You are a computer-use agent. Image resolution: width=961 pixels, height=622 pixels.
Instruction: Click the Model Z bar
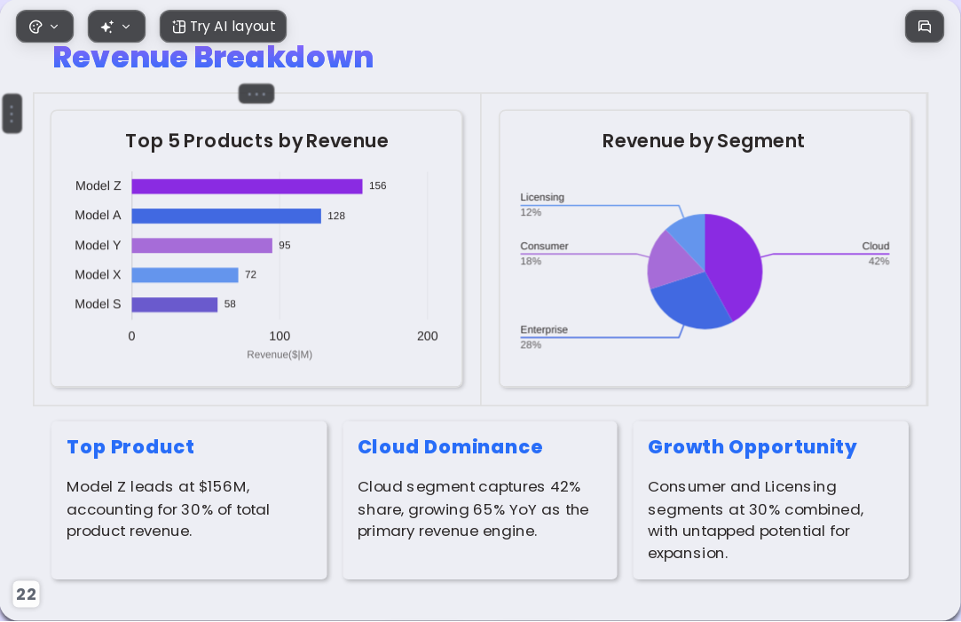tap(247, 186)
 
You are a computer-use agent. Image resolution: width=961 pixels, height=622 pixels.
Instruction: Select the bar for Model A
tap(226, 216)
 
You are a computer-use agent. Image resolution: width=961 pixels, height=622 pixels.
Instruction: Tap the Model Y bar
tap(201, 245)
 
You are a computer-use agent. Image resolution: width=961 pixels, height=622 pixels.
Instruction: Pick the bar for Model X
tap(185, 274)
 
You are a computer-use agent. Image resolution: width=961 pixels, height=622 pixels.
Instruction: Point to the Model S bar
tap(175, 304)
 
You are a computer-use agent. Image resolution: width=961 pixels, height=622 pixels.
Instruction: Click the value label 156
tap(377, 185)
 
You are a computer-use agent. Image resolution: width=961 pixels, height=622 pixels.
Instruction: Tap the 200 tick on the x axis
tap(427, 335)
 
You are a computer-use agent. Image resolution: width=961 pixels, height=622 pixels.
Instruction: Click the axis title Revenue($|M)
tap(280, 354)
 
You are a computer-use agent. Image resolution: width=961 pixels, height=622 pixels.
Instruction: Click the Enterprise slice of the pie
tap(689, 300)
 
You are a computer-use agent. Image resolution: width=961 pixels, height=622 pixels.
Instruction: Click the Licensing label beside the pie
tap(542, 197)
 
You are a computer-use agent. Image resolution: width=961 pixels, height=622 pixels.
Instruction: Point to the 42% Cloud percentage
tap(878, 261)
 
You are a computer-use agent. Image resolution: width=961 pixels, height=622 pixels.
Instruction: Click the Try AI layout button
tap(223, 27)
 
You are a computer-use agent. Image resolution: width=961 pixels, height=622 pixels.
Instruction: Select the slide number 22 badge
tap(26, 594)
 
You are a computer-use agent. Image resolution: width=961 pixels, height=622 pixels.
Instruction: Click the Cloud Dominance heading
tap(450, 446)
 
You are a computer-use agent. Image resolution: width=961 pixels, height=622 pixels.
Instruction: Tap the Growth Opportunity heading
tap(752, 447)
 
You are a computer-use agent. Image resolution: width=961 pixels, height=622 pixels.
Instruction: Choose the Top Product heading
tap(130, 447)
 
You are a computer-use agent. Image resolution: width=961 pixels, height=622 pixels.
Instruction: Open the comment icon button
tap(925, 27)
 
